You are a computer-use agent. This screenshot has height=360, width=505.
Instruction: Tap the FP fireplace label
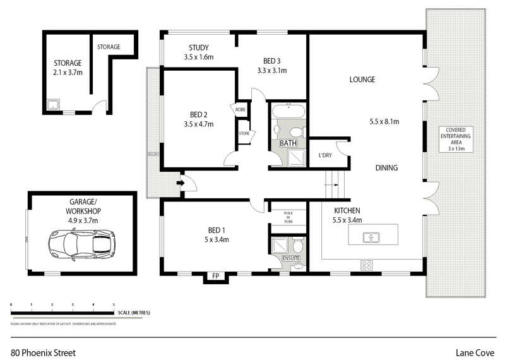click(x=215, y=276)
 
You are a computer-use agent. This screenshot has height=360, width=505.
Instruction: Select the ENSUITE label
click(x=291, y=258)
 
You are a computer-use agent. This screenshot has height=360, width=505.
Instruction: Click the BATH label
click(x=288, y=143)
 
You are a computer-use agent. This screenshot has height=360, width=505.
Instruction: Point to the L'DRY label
click(x=325, y=155)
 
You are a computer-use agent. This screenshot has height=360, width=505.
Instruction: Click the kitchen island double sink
click(x=369, y=237)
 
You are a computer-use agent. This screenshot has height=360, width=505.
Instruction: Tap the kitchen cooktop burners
click(x=366, y=264)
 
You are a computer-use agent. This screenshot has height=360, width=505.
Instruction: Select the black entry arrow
click(x=180, y=184)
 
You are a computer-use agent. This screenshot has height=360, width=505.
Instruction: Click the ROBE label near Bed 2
click(x=241, y=109)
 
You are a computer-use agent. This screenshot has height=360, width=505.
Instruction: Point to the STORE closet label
click(x=244, y=133)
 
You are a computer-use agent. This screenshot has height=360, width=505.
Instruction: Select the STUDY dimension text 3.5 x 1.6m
click(x=199, y=57)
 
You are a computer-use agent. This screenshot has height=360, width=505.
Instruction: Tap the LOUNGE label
click(x=362, y=80)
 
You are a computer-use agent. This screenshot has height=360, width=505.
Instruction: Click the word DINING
click(x=386, y=168)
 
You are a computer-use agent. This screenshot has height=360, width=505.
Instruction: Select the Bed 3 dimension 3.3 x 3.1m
click(x=272, y=71)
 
